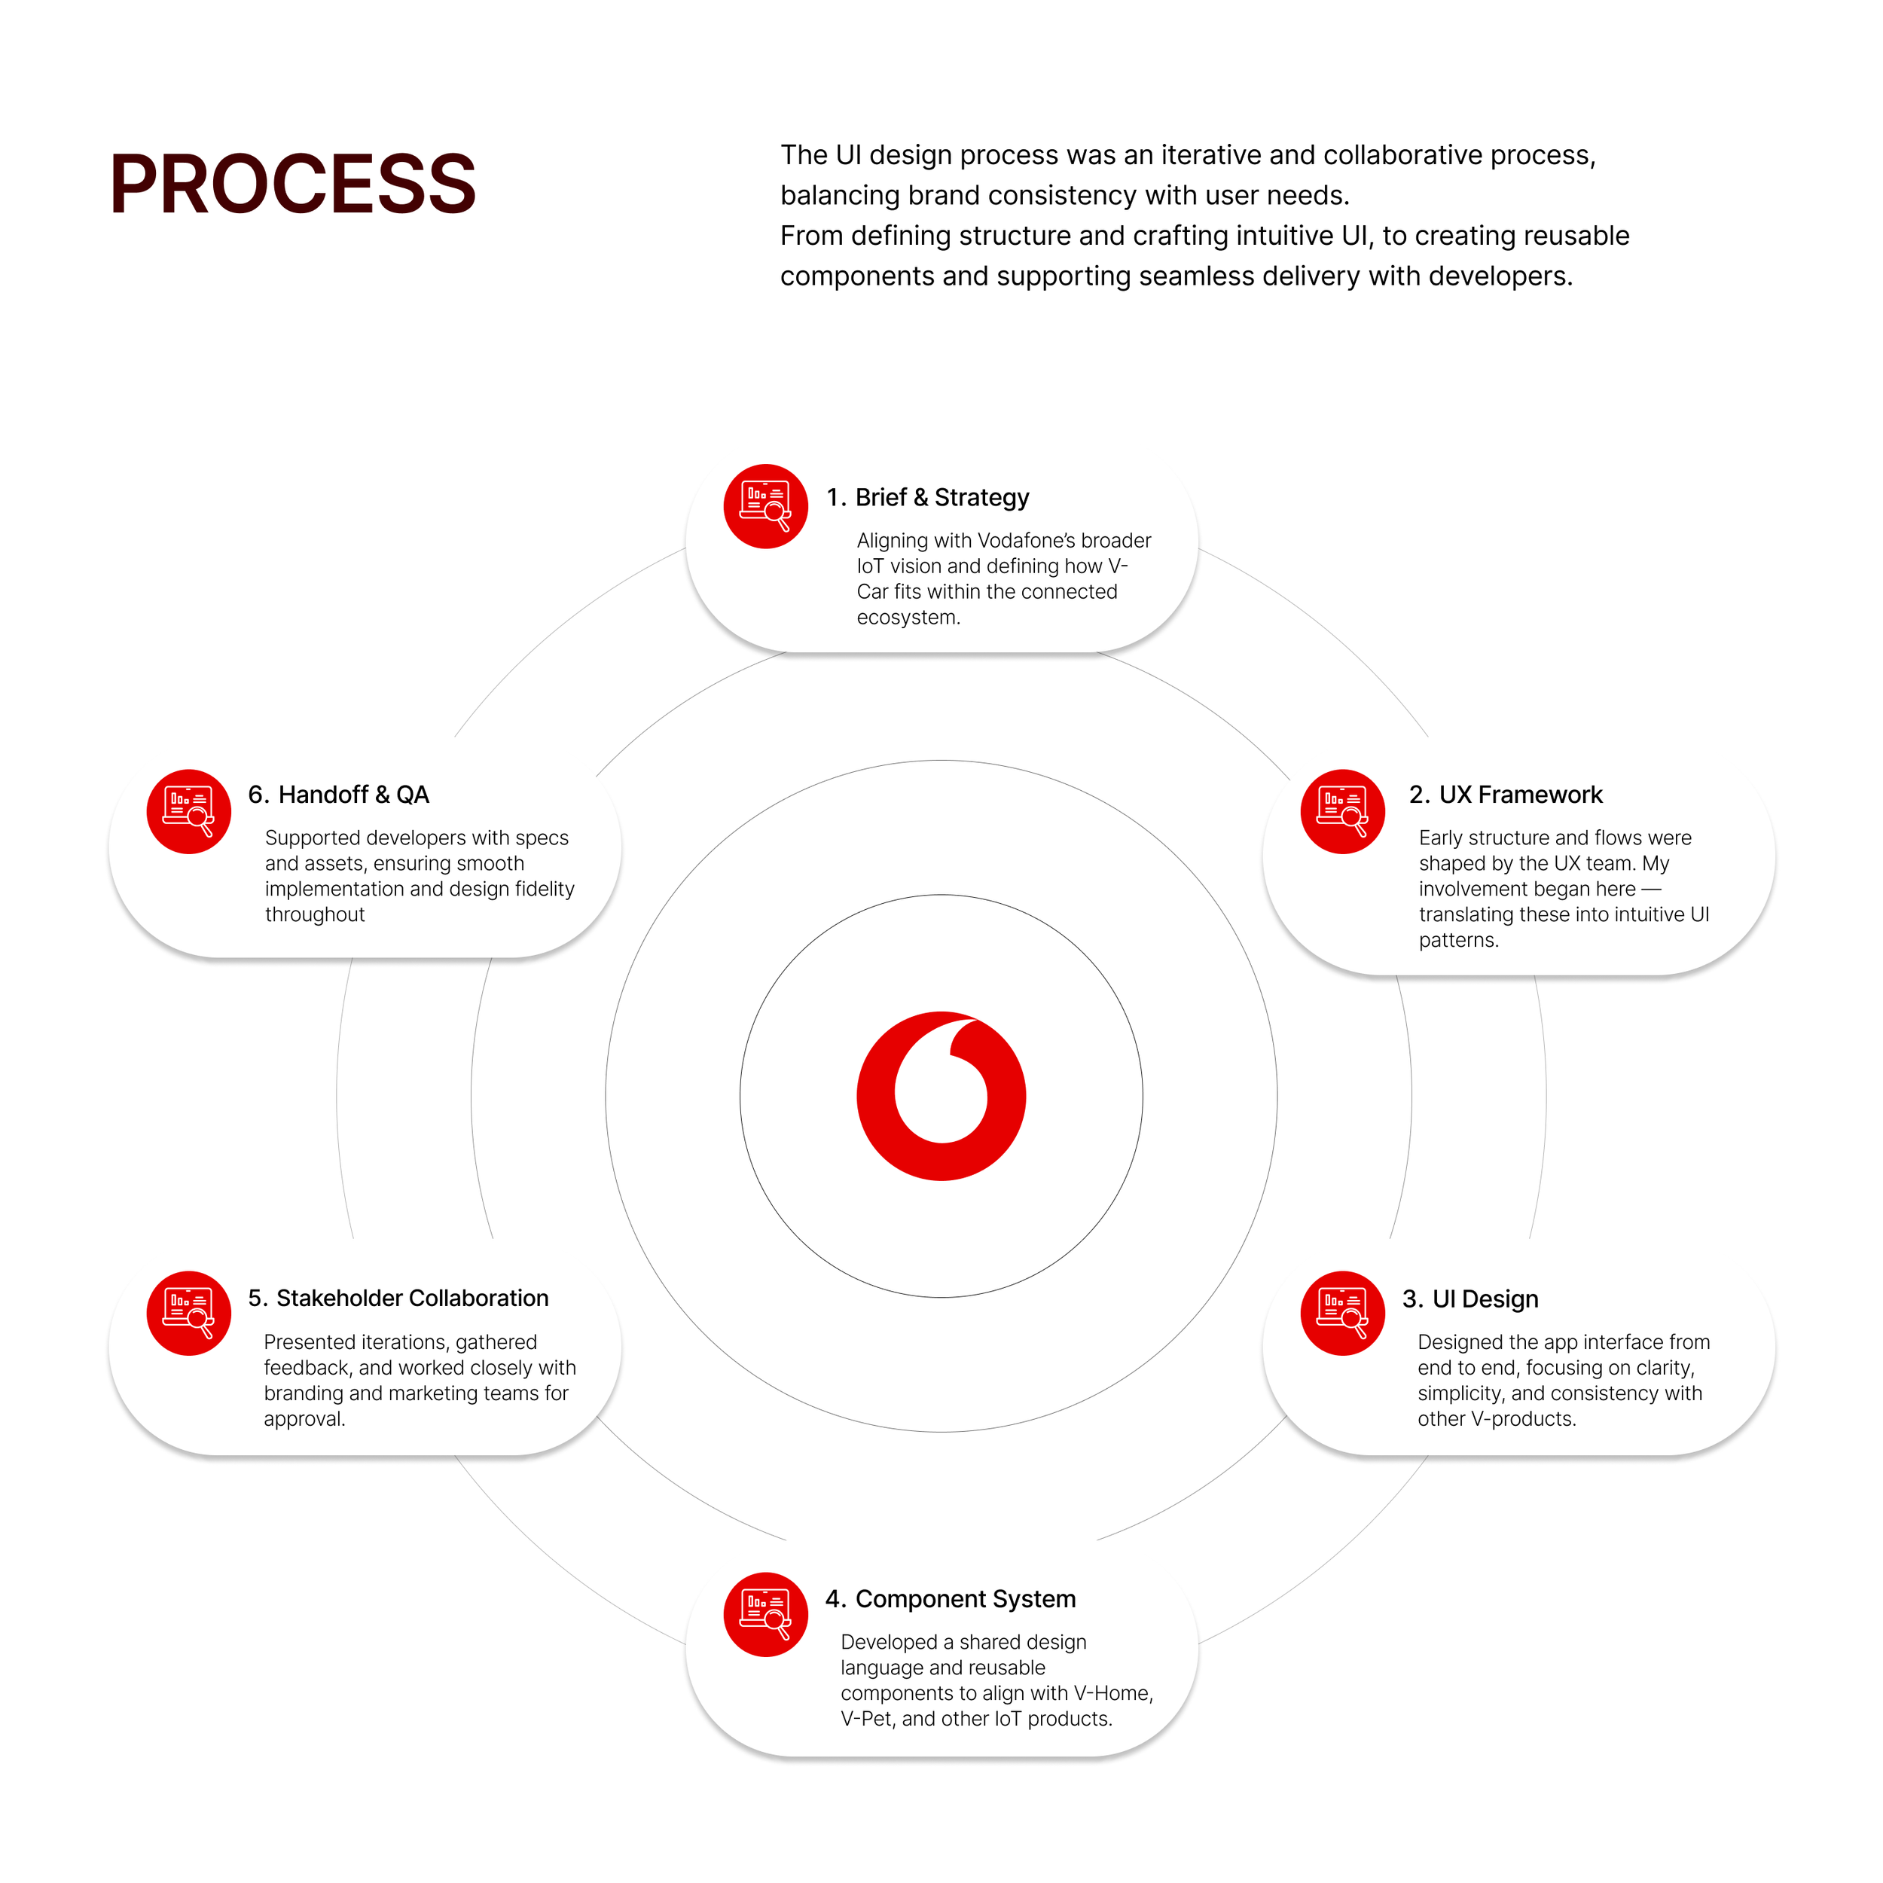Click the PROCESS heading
(x=292, y=185)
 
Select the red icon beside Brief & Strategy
(x=765, y=506)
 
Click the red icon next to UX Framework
(x=1342, y=811)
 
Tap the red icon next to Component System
(x=765, y=1614)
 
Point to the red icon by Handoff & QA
(x=188, y=811)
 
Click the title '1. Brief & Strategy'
(x=927, y=497)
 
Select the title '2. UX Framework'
(x=1505, y=795)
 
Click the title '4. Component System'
(x=951, y=1598)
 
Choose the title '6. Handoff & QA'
(x=338, y=795)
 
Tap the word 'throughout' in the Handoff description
(x=315, y=914)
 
